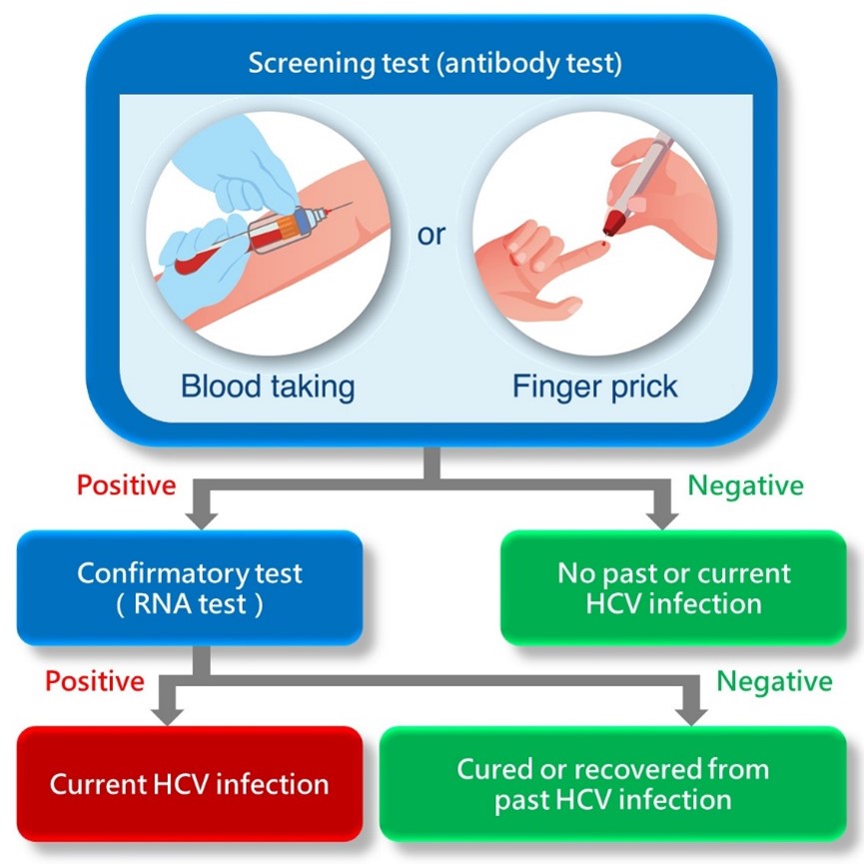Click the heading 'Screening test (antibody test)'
click(434, 65)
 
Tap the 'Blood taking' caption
click(268, 386)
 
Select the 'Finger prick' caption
click(595, 386)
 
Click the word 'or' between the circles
click(432, 238)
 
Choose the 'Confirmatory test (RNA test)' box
click(190, 588)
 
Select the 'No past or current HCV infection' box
click(673, 588)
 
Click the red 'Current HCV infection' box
click(190, 783)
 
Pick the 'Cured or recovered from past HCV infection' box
click(613, 783)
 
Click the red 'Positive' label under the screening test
click(126, 485)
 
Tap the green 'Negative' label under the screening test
click(746, 485)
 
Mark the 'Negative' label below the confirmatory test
click(774, 681)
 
